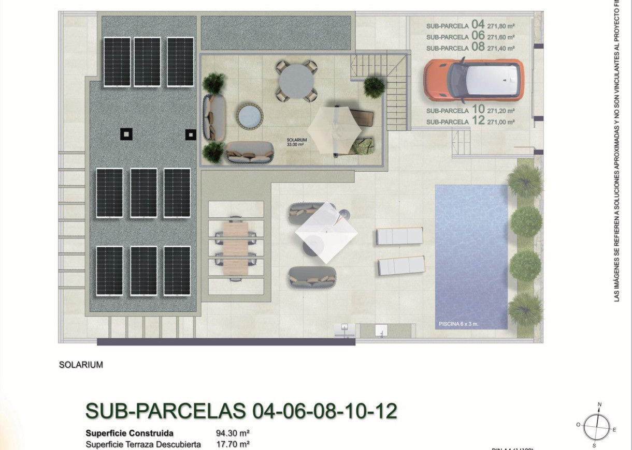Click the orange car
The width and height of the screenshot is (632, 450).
click(x=473, y=80)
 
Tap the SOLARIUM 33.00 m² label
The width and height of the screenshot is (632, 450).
click(x=297, y=142)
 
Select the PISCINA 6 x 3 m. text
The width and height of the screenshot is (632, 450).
click(x=458, y=324)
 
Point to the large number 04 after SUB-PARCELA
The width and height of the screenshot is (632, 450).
click(x=478, y=24)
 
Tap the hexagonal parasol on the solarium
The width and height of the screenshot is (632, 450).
click(x=334, y=130)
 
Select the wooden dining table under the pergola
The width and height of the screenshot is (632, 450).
click(x=236, y=248)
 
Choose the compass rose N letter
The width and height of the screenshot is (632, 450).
click(x=599, y=405)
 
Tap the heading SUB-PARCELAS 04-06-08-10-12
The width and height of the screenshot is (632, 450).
click(x=241, y=411)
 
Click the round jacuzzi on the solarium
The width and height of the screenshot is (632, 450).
click(x=250, y=116)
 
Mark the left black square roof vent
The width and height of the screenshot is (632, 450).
click(x=126, y=134)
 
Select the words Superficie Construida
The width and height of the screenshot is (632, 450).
click(x=130, y=433)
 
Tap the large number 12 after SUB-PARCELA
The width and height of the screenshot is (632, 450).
click(x=478, y=121)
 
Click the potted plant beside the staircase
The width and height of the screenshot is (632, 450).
click(x=374, y=86)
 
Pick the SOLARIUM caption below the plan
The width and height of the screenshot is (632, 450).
click(x=81, y=365)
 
